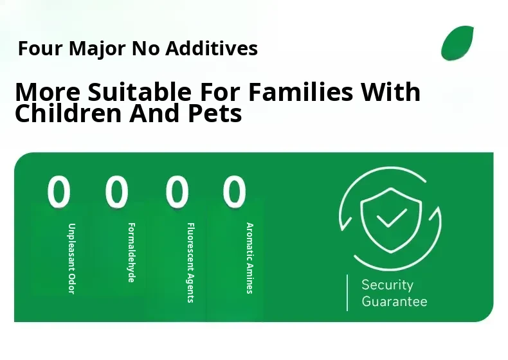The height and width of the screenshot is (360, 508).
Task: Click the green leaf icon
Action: (457, 43)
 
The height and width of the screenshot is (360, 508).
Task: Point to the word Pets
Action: (215, 113)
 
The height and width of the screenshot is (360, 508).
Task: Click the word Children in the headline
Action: (68, 113)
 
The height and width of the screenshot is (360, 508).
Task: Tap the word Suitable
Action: (140, 92)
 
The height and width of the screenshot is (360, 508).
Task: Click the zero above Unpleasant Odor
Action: (59, 191)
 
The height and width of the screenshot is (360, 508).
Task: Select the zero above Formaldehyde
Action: (116, 191)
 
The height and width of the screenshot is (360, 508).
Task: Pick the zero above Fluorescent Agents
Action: (177, 191)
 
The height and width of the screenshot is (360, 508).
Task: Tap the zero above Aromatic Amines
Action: (234, 191)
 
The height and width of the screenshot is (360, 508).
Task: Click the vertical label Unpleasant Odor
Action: (71, 258)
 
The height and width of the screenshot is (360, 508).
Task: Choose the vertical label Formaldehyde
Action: (131, 253)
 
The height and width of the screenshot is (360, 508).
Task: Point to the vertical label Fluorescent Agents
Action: (191, 262)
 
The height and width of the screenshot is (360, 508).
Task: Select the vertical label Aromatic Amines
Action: (249, 258)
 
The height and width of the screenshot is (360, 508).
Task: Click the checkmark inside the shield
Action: (392, 218)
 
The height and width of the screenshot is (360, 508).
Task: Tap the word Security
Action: (388, 285)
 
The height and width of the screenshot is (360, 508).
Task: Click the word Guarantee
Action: (394, 301)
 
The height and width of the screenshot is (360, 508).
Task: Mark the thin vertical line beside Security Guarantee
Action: (347, 293)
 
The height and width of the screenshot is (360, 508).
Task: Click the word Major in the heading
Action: (97, 49)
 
